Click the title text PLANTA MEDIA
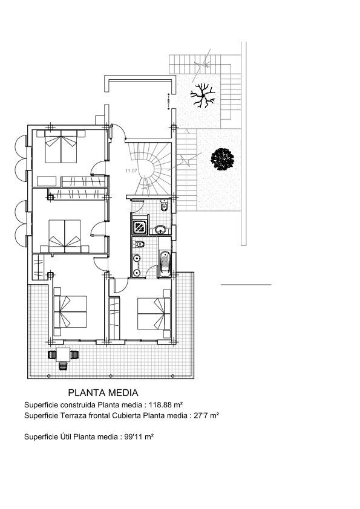click(103, 393)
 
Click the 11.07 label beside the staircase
click(131, 172)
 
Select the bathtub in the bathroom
click(164, 263)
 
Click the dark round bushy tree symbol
click(222, 159)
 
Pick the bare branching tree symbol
click(202, 96)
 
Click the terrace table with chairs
click(63, 356)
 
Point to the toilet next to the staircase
click(164, 207)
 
